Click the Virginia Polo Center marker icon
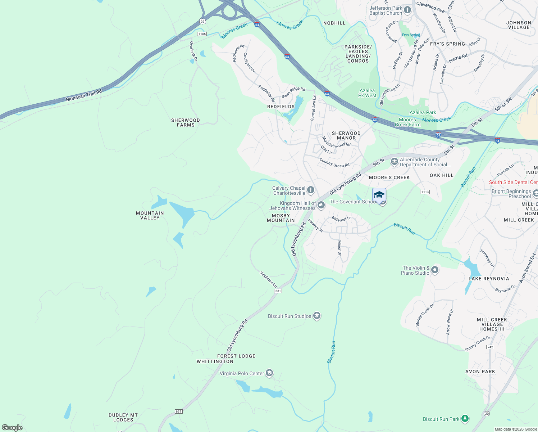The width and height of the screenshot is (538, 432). [269, 373]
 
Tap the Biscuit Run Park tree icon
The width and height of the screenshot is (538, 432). [465, 419]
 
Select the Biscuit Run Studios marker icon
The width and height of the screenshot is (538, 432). [316, 316]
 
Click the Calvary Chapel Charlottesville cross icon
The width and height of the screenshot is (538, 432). [311, 190]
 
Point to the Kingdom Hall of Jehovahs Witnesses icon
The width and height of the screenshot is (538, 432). [321, 205]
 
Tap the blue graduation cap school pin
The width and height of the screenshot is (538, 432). [379, 195]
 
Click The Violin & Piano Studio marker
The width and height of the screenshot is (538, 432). [435, 270]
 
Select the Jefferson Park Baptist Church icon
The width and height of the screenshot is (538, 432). [407, 10]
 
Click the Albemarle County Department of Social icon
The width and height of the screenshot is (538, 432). [394, 162]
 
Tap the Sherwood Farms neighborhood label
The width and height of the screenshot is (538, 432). [186, 123]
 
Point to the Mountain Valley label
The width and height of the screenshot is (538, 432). [150, 215]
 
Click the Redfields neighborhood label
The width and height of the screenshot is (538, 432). [281, 107]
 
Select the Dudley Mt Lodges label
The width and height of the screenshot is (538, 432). [123, 417]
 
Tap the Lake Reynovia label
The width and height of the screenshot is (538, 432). [489, 279]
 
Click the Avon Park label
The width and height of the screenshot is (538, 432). [480, 372]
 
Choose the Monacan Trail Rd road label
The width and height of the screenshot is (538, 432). [84, 95]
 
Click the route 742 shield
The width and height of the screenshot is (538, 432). [490, 347]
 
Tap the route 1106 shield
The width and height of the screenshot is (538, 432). [202, 34]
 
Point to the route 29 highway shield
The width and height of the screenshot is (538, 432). [202, 22]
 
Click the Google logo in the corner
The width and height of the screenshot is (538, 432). [12, 427]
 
